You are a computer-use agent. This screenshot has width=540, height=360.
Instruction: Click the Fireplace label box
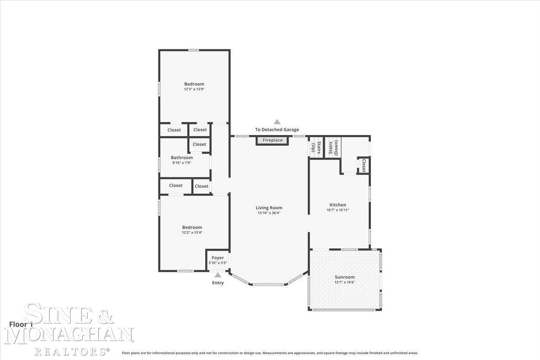click(273, 140)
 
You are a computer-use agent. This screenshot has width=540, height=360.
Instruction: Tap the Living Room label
click(269, 207)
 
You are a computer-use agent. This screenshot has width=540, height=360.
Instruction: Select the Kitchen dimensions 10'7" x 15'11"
click(337, 210)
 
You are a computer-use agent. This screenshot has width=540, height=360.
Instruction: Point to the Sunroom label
click(345, 277)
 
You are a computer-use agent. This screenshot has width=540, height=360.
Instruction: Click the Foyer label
click(218, 258)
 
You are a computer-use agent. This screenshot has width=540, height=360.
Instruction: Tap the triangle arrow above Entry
click(218, 275)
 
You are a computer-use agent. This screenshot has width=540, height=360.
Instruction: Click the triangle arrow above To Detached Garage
click(277, 122)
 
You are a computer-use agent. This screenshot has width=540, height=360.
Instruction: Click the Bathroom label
click(182, 157)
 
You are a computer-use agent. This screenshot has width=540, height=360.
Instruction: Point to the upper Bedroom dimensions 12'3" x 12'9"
click(194, 89)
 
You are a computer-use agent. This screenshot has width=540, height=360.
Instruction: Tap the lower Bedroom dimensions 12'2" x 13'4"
click(192, 233)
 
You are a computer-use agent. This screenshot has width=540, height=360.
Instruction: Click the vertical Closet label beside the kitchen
click(364, 165)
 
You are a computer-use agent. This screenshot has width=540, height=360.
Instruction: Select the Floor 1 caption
click(21, 324)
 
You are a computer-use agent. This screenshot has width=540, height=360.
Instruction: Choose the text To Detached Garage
click(277, 130)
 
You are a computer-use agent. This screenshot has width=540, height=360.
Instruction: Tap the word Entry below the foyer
click(218, 283)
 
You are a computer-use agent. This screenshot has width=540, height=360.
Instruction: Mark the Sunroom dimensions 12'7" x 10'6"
click(345, 282)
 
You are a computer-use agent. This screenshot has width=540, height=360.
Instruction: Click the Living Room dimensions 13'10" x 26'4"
click(269, 213)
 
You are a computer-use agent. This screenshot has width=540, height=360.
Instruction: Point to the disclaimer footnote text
click(270, 353)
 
